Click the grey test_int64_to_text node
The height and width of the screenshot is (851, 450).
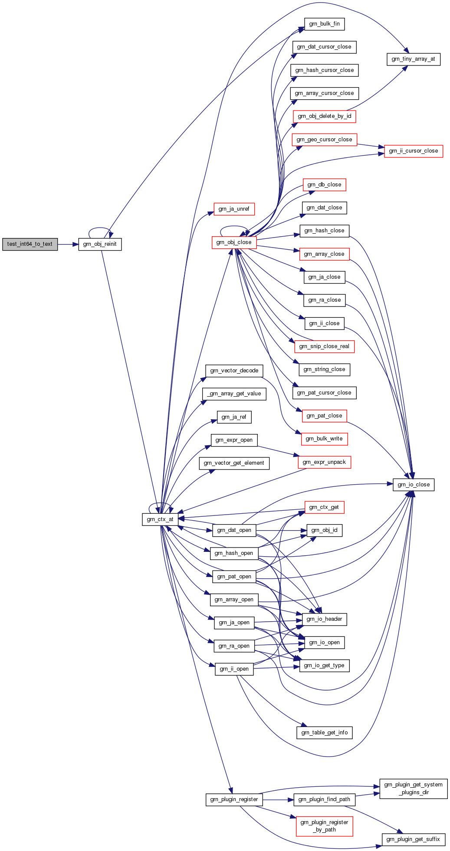tap(30, 244)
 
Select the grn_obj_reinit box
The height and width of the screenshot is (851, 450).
tap(100, 244)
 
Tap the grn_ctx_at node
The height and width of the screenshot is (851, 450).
tap(160, 519)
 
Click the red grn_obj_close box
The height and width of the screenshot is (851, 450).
tap(234, 242)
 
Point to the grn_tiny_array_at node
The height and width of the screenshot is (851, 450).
tap(413, 59)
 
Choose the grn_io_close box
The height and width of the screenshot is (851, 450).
tap(414, 485)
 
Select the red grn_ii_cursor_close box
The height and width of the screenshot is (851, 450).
tap(414, 151)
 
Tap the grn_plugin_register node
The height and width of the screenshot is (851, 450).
tap(234, 799)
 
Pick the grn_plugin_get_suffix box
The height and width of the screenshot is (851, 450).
tap(413, 839)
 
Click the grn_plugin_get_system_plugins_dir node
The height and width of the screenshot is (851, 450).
tap(414, 789)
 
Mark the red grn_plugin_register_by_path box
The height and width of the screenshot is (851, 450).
tap(325, 826)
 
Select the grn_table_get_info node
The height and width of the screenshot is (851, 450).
tap(325, 733)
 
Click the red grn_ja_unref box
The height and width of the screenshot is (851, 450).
tap(234, 209)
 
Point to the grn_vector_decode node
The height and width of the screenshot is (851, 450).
tap(234, 371)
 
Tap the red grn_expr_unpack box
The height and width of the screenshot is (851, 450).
tap(324, 462)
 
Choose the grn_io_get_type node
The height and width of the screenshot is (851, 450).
tap(324, 665)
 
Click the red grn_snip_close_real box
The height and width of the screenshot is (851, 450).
tap(324, 346)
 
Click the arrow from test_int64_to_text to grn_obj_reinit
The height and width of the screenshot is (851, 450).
tap(68, 245)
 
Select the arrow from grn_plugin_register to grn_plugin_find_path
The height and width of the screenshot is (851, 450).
tap(278, 799)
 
